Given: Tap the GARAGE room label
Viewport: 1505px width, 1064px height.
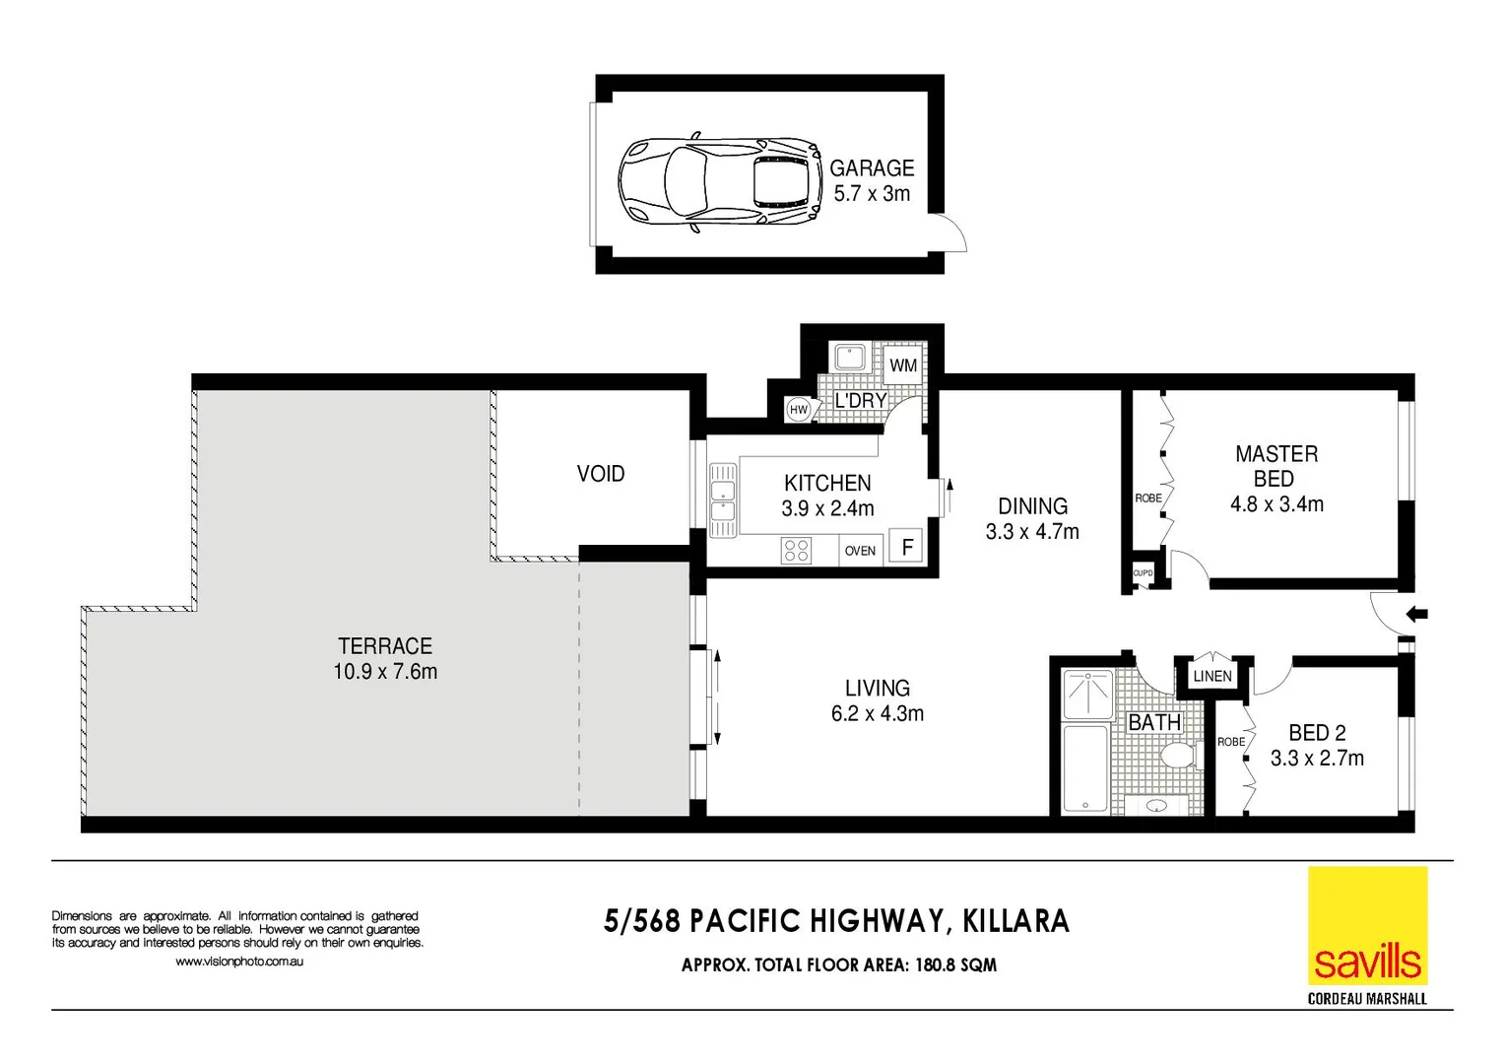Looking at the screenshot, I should [x=872, y=168].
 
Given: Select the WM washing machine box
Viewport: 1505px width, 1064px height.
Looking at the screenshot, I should [x=902, y=366].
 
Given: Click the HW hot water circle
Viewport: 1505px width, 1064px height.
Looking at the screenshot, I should [x=798, y=410].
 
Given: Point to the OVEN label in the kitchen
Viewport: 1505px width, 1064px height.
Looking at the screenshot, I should [x=860, y=551].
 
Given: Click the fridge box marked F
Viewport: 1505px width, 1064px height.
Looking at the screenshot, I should [x=906, y=547].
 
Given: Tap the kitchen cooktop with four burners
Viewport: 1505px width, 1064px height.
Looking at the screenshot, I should [x=796, y=550].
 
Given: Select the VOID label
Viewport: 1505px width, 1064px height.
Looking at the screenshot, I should [x=601, y=474].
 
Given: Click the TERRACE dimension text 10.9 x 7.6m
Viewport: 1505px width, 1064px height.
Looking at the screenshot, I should [x=385, y=672].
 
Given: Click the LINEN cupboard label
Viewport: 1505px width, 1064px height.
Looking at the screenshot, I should [x=1211, y=676].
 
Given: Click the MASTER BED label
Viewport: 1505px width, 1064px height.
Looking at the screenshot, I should [x=1276, y=466].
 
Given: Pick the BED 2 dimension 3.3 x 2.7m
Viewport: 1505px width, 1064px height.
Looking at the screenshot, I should [x=1317, y=759].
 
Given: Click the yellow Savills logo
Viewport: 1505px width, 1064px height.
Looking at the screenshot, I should [x=1367, y=926].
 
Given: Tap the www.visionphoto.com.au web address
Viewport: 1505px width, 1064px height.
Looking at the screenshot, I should [x=239, y=962].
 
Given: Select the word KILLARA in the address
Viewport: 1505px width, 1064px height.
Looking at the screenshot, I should [x=1015, y=921].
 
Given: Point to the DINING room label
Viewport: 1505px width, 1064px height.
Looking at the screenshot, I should [x=1032, y=506].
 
